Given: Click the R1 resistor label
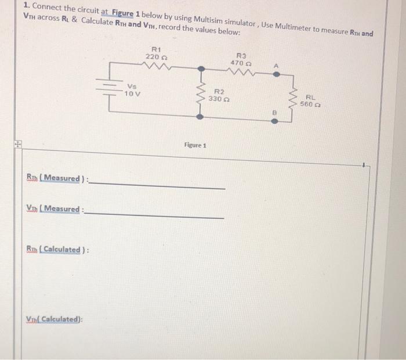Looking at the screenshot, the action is pyautogui.click(x=156, y=49).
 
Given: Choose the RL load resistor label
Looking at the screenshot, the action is pyautogui.click(x=311, y=98).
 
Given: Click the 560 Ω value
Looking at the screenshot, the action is pyautogui.click(x=311, y=105).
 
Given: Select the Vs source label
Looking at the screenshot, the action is pyautogui.click(x=132, y=87).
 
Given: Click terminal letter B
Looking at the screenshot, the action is pyautogui.click(x=275, y=111).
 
